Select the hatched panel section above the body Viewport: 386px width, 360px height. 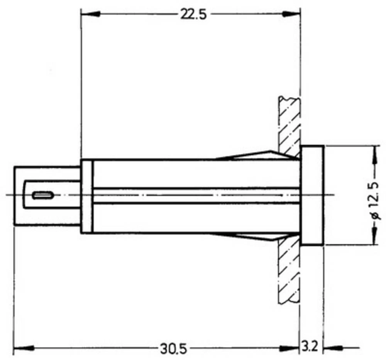289,123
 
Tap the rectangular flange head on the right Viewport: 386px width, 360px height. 312,195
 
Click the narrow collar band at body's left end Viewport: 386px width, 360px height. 87,196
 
